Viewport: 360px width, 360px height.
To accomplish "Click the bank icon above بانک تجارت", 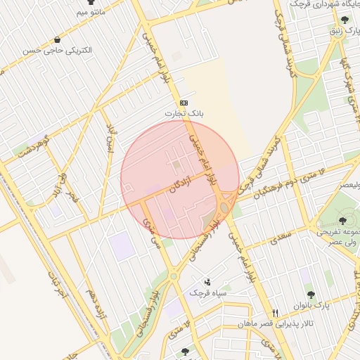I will click(x=184, y=102).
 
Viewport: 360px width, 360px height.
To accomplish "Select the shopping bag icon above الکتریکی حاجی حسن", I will click(x=57, y=40).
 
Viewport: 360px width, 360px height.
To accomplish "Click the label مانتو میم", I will click(x=91, y=13).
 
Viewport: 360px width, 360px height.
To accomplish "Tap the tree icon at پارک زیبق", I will click(x=343, y=20).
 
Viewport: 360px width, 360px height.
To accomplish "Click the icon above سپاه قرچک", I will click(x=206, y=281).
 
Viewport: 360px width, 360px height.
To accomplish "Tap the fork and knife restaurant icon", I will click(x=276, y=313).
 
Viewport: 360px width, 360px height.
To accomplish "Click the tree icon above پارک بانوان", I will click(x=310, y=295).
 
